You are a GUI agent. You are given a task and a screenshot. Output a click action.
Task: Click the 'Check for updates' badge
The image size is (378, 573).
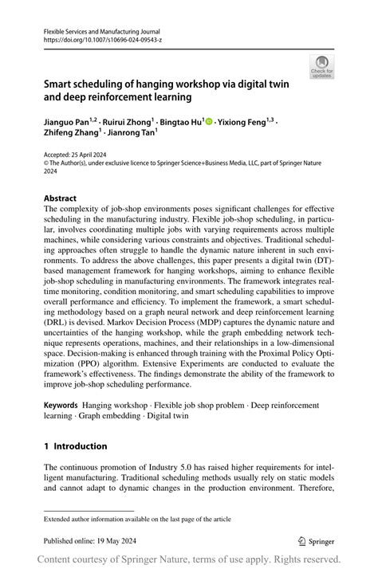(x=322, y=66)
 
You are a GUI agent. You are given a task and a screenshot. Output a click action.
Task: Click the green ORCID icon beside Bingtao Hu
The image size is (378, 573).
(x=209, y=123)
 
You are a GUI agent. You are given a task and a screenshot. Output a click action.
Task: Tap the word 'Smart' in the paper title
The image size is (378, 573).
(x=59, y=84)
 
